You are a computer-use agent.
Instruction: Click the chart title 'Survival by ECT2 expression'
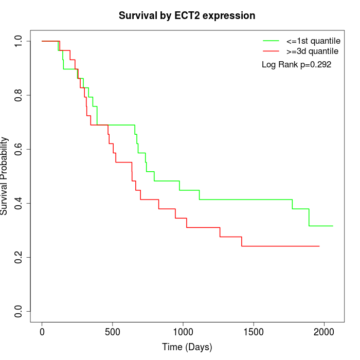187,16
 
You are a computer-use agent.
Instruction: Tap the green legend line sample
271,41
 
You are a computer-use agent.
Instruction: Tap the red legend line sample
271,51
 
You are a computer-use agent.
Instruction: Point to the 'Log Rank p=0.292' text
296,65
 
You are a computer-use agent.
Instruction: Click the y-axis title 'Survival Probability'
5,176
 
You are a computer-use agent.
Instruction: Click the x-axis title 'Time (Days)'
187,347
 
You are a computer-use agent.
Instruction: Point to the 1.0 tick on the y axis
19,41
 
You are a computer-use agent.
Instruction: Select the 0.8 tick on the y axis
19,95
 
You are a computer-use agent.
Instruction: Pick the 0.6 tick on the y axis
19,149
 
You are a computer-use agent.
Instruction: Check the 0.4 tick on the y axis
19,203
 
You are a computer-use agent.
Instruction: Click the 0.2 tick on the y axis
19,257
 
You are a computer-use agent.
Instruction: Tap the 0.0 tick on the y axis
19,311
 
